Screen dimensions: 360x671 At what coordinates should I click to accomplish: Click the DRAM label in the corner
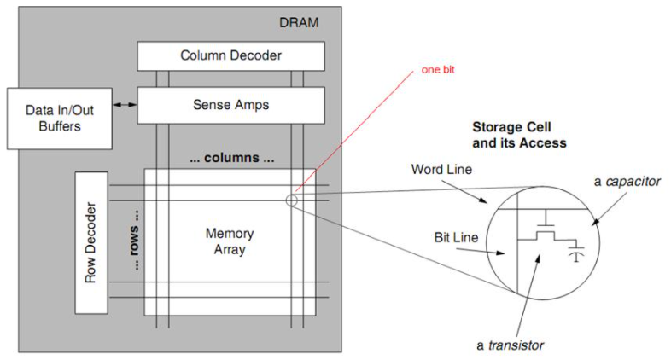click(x=299, y=22)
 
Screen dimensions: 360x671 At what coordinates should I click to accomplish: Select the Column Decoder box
click(x=230, y=55)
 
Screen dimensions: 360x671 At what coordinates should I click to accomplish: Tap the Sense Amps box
click(x=230, y=105)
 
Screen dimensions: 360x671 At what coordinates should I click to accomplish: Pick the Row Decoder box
click(x=90, y=241)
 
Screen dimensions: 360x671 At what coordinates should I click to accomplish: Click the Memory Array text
click(x=230, y=241)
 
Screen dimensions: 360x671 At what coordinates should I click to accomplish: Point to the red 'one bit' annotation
click(x=438, y=69)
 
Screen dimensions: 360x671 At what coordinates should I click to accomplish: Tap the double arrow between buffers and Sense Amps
click(x=125, y=105)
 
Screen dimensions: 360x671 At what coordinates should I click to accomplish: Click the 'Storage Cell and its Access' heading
click(x=519, y=135)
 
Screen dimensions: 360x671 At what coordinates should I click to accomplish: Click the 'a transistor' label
click(x=511, y=345)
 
